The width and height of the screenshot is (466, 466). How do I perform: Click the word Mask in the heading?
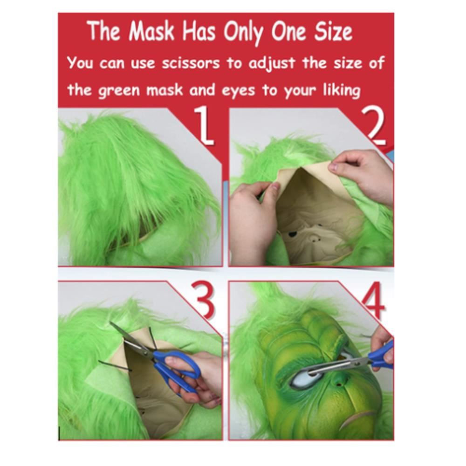pos(151,31)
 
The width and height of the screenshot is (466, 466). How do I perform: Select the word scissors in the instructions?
pos(191,63)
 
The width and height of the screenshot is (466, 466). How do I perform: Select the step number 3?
pos(203,300)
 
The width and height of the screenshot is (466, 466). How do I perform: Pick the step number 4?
pos(374,300)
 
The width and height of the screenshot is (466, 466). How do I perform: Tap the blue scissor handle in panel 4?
pos(382,355)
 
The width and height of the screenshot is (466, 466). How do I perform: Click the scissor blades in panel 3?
pos(131,339)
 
